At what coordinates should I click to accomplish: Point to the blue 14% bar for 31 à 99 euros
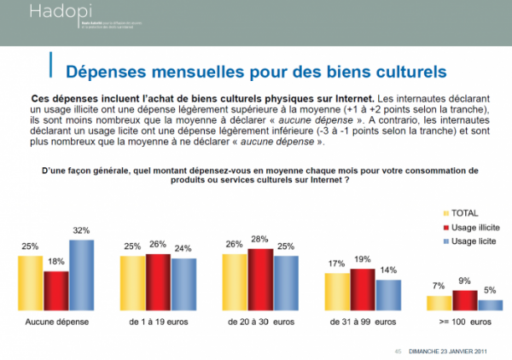tap(389, 294)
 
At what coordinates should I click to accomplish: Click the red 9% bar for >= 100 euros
tap(465, 300)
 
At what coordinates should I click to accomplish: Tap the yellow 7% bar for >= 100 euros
tap(439, 303)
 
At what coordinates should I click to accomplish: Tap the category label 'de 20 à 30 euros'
tap(260, 322)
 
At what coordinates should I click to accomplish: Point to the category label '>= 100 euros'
tap(465, 322)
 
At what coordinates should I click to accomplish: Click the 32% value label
tap(82, 231)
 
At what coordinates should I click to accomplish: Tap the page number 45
tap(397, 350)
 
